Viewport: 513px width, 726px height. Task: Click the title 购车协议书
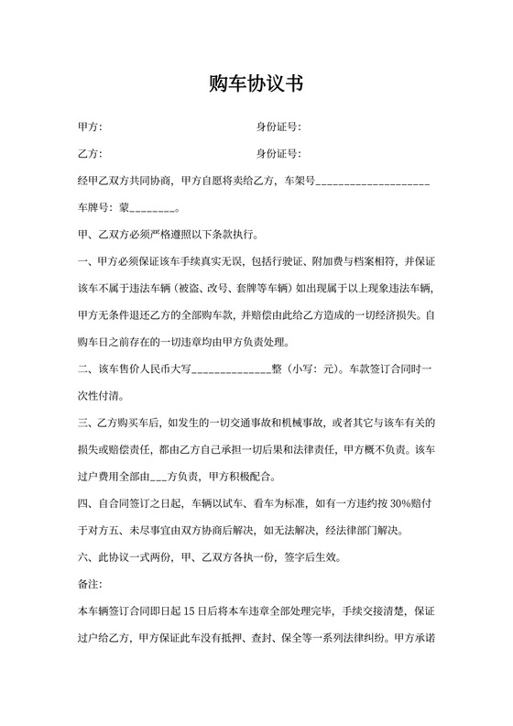[x=256, y=84]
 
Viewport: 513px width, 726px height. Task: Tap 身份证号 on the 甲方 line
[x=278, y=126]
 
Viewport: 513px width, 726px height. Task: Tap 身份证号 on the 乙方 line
[x=278, y=153]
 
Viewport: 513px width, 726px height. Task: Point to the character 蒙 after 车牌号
[x=126, y=208]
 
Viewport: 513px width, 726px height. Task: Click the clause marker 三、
[x=80, y=423]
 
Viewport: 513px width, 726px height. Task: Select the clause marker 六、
[x=80, y=556]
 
